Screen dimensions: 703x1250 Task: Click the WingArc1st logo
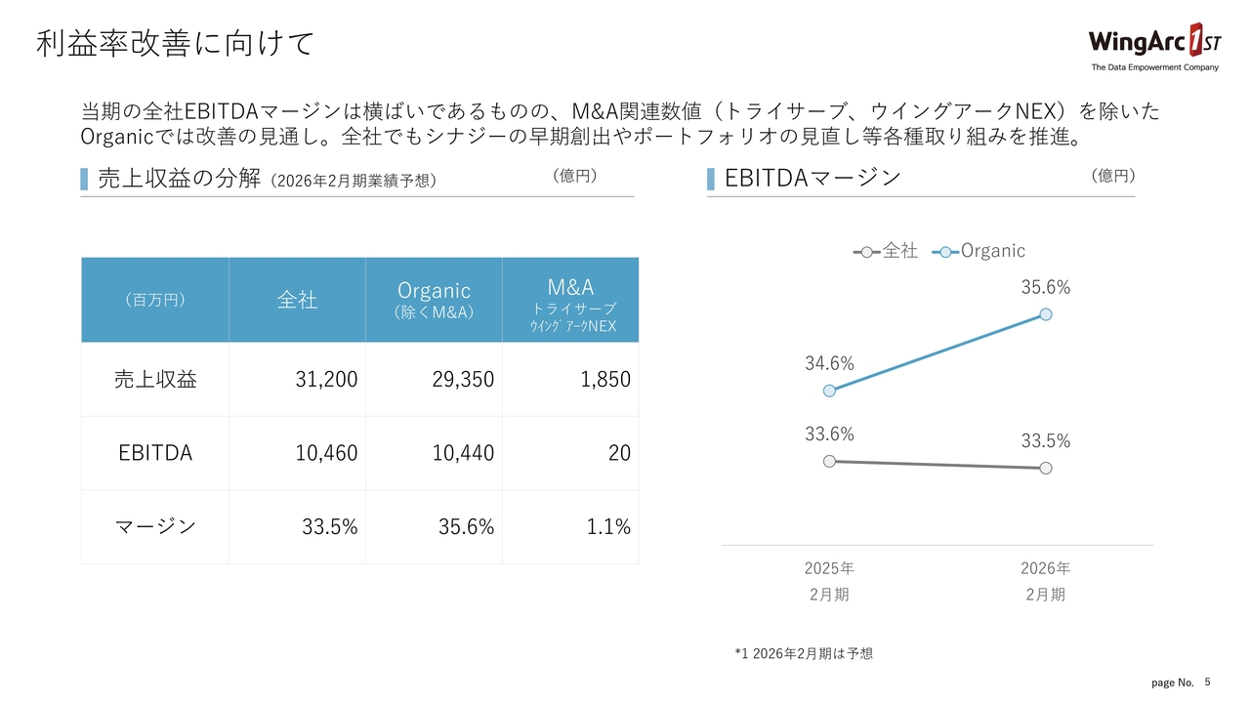pos(1153,47)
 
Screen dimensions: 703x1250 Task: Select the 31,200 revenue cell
pos(326,380)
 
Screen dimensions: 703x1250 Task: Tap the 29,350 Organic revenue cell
pos(463,380)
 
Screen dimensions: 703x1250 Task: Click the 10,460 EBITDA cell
pos(326,453)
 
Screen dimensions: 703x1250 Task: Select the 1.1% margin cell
pos(608,527)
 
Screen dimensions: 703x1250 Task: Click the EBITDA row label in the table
pos(155,453)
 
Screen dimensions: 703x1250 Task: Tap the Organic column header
pos(435,299)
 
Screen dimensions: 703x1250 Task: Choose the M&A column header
pos(571,299)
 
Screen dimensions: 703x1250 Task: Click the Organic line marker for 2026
pos(1046,313)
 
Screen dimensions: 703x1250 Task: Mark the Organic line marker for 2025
pos(829,391)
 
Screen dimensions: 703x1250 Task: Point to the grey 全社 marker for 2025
pos(829,461)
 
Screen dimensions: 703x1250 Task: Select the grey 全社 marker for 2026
pos(1046,468)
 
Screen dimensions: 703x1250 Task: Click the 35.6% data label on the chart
pos(1046,288)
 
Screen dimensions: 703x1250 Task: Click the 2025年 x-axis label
pos(829,568)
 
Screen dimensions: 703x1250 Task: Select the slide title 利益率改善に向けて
pos(176,44)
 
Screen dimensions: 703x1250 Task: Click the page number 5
pos(1207,682)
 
